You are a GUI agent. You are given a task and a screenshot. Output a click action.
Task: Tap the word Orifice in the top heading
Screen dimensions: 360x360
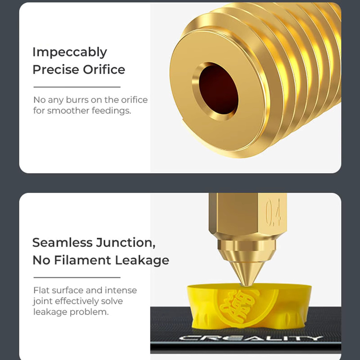click(104, 70)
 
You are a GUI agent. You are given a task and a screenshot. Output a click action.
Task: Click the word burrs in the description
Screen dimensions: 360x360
click(77, 100)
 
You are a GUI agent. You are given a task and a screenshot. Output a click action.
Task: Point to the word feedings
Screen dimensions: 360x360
click(112, 111)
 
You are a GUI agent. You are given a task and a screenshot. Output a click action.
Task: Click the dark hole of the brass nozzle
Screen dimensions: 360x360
click(218, 91)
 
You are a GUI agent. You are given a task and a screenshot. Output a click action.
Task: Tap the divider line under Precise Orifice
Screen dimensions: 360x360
click(77, 87)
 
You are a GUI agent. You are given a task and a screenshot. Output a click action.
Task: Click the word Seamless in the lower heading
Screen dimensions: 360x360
click(62, 242)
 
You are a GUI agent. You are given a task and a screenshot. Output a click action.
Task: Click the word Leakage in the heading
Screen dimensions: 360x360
click(142, 260)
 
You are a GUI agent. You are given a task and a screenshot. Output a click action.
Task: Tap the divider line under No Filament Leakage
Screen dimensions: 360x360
click(77, 277)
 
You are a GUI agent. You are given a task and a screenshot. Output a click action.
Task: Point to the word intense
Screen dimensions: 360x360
click(121, 290)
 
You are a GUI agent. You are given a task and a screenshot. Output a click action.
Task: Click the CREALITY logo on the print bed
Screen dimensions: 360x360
click(251, 338)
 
